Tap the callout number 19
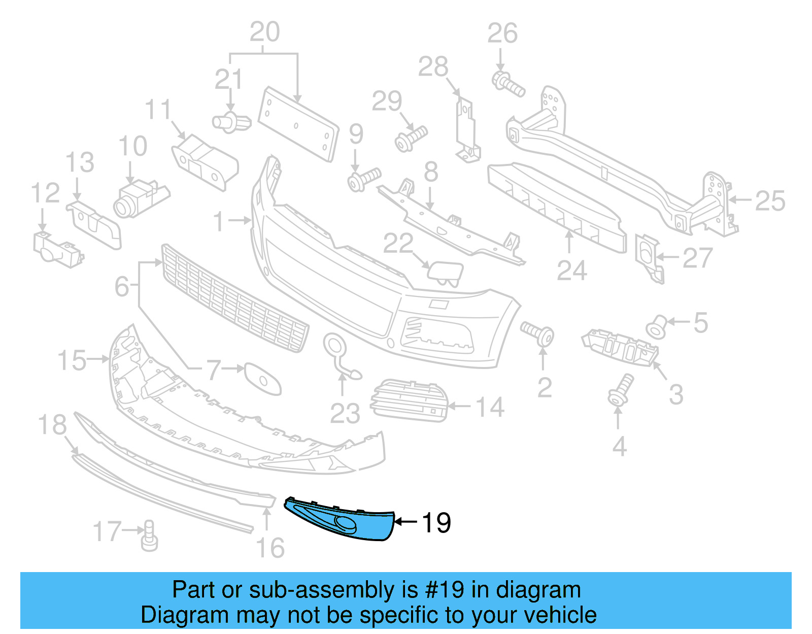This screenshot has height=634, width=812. tap(436, 523)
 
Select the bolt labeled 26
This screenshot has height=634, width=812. tap(507, 84)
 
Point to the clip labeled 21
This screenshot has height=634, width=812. tap(231, 122)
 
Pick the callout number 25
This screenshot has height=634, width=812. tap(770, 201)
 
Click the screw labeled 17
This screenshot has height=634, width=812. tap(149, 536)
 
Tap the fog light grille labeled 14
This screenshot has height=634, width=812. tap(410, 401)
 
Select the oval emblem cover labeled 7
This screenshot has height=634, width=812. tap(262, 378)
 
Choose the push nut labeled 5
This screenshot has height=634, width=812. tap(657, 326)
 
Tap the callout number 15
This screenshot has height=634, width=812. tap(72, 360)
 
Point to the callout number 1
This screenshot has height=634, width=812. tap(219, 221)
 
